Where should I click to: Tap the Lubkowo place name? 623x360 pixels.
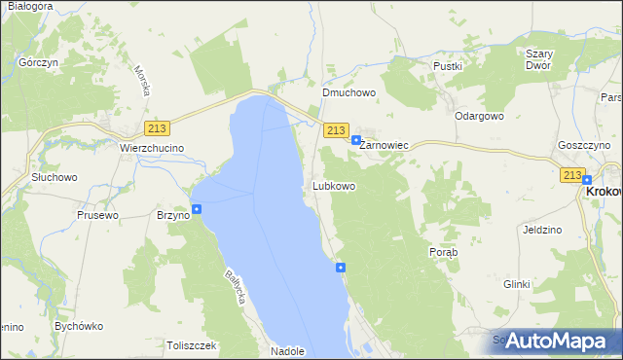333,185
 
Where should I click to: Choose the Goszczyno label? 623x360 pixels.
584,144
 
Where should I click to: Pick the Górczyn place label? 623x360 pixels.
35,61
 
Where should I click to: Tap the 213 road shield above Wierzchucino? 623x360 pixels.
156,128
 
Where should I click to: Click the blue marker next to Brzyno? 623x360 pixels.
197,209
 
